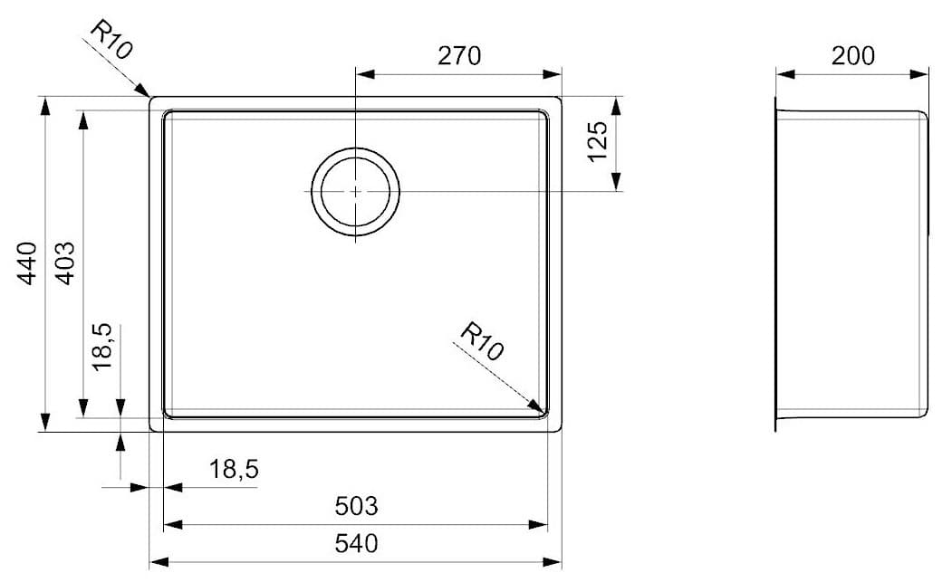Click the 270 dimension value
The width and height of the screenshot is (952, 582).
click(x=459, y=56)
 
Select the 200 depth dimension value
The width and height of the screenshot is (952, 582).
click(x=853, y=56)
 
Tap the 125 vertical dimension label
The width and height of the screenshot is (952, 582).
click(x=598, y=143)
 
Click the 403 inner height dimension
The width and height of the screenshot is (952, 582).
click(x=66, y=263)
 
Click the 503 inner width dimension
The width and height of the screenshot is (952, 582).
click(x=356, y=507)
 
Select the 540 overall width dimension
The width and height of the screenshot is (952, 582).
click(x=356, y=544)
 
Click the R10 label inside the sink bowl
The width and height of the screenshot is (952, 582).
click(x=481, y=343)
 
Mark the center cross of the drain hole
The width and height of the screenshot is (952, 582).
click(x=356, y=191)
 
